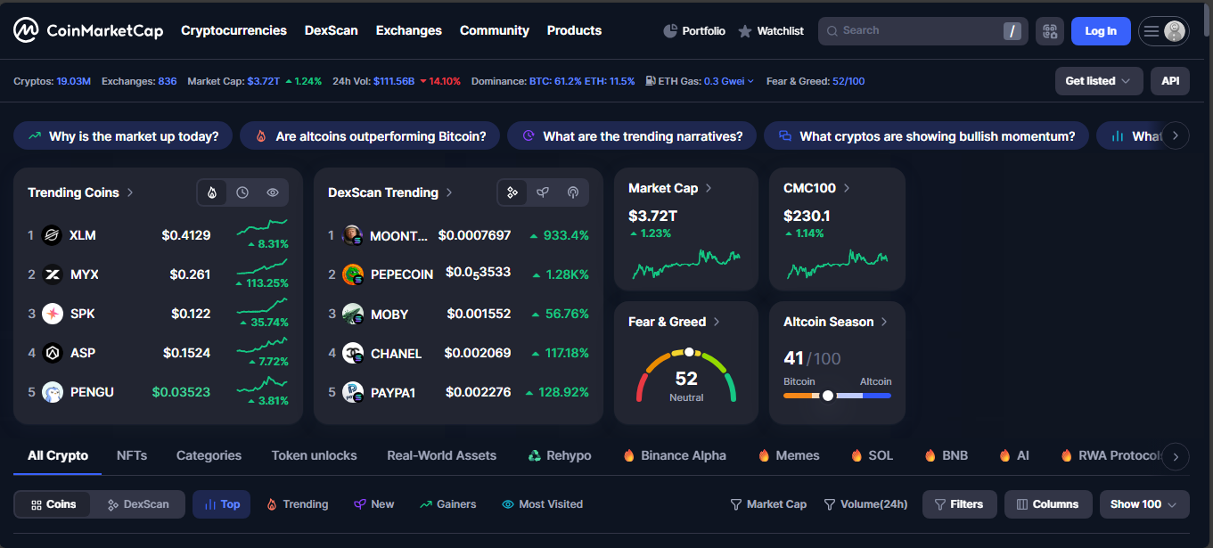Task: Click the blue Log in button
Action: (x=1100, y=31)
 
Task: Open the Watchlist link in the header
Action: (x=771, y=31)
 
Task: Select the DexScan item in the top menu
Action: (x=331, y=30)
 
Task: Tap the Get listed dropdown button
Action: (x=1098, y=81)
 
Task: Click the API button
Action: (x=1169, y=81)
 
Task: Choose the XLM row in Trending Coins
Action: (x=82, y=235)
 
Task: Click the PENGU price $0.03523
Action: (x=181, y=392)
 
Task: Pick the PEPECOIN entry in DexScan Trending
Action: (x=401, y=274)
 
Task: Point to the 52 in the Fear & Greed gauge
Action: (x=686, y=379)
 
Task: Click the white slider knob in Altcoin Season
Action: (x=828, y=396)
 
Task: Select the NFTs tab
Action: (x=132, y=455)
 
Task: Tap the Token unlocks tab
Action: (x=314, y=455)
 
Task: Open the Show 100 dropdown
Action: (x=1143, y=504)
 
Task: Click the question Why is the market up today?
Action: (x=123, y=136)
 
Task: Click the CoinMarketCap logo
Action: (x=88, y=30)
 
